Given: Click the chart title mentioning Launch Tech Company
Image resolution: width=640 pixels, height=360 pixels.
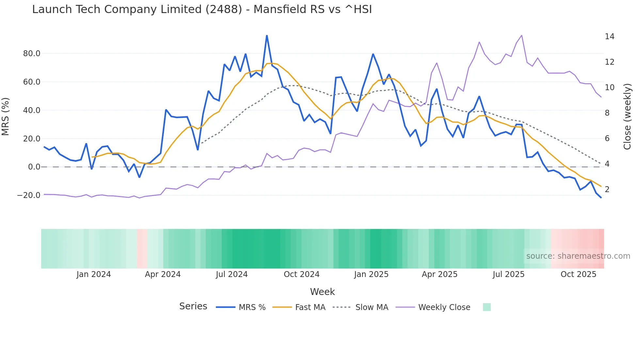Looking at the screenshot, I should click(x=202, y=9).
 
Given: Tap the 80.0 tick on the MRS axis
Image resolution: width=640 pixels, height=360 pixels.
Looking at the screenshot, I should click(x=32, y=54).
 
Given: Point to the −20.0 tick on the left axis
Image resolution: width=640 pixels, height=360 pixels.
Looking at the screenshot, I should click(x=29, y=195).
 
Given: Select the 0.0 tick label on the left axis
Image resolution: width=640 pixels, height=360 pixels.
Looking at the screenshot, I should click(x=34, y=167).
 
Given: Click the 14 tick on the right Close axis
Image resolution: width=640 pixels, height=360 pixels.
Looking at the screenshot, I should click(x=609, y=37).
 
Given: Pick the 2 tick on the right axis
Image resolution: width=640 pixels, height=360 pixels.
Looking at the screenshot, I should click(x=607, y=189).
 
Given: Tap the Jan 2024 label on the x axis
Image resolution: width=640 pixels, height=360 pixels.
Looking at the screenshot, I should click(x=94, y=274).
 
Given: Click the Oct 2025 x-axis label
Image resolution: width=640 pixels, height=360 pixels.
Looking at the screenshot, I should click(x=578, y=274).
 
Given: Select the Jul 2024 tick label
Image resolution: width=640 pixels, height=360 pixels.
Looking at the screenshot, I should click(x=232, y=274).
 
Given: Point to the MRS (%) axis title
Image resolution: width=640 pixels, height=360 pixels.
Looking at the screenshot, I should click(x=6, y=116).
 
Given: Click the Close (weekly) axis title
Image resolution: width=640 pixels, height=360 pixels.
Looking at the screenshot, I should click(x=627, y=116).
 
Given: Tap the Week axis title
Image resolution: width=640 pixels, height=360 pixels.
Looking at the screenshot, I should click(x=322, y=292).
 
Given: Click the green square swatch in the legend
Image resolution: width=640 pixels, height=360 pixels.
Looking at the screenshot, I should click(x=487, y=307).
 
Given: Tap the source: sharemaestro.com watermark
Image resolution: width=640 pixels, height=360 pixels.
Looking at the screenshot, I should click(x=578, y=256).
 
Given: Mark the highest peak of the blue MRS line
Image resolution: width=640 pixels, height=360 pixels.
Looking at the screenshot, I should click(x=267, y=36).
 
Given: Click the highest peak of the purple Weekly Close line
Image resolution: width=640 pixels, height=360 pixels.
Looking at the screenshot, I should click(x=521, y=35).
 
